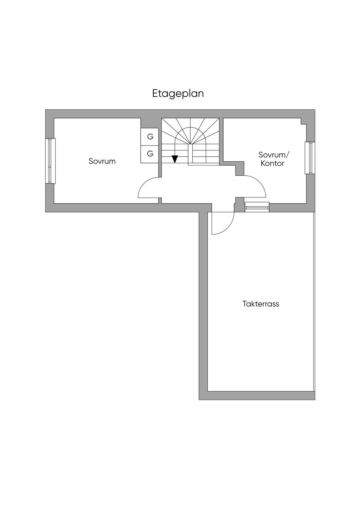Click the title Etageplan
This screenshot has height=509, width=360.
pyautogui.click(x=178, y=94)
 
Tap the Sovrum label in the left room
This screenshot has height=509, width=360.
pyautogui.click(x=102, y=161)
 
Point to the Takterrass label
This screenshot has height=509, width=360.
pyautogui.click(x=261, y=304)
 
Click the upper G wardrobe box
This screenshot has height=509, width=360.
pyautogui.click(x=150, y=137)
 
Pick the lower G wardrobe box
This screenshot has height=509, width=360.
pyautogui.click(x=150, y=154)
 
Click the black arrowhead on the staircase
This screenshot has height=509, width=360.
pyautogui.click(x=175, y=159)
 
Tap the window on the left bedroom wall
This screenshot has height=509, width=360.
pyautogui.click(x=51, y=161)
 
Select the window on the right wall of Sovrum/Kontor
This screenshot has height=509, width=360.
pyautogui.click(x=309, y=158)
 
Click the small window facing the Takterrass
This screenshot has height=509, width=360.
pyautogui.click(x=257, y=207)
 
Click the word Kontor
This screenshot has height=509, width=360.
pyautogui.click(x=272, y=163)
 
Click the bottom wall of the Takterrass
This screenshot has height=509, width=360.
pyautogui.click(x=260, y=395)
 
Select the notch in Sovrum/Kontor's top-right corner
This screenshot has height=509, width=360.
pyautogui.click(x=303, y=121)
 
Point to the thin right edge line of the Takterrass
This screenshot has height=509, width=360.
pyautogui.click(x=314, y=302)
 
